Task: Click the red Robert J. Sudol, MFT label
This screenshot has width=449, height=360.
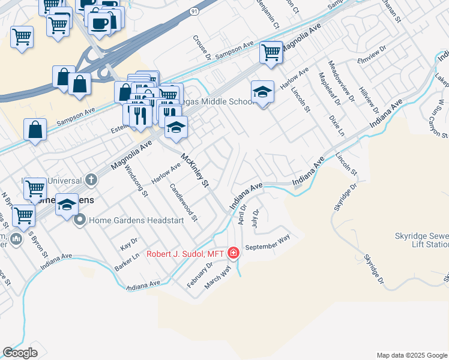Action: [x=185, y=254]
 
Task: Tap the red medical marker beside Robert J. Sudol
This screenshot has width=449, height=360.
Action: [x=234, y=254]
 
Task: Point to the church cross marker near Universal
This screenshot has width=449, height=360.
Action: [x=91, y=179]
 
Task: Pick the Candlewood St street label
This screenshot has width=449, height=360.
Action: [x=183, y=202]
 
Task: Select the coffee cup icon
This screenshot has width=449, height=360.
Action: [x=99, y=23]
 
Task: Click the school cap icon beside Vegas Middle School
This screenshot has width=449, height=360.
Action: [x=262, y=92]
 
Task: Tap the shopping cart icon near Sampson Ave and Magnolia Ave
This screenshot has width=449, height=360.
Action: [x=271, y=52]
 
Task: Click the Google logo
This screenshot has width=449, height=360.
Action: [x=20, y=353]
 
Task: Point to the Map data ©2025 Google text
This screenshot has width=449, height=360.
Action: [x=411, y=355]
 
